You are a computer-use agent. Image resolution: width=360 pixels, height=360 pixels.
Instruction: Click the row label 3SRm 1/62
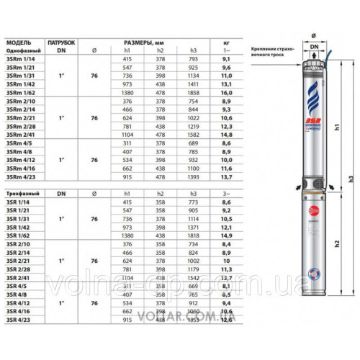click(x=20, y=92)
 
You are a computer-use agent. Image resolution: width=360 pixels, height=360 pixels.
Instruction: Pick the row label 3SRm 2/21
click(x=20, y=117)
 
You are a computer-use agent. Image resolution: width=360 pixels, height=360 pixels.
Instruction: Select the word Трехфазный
click(x=22, y=194)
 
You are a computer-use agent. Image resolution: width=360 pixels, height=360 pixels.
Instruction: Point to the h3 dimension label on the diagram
click(x=350, y=178)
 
